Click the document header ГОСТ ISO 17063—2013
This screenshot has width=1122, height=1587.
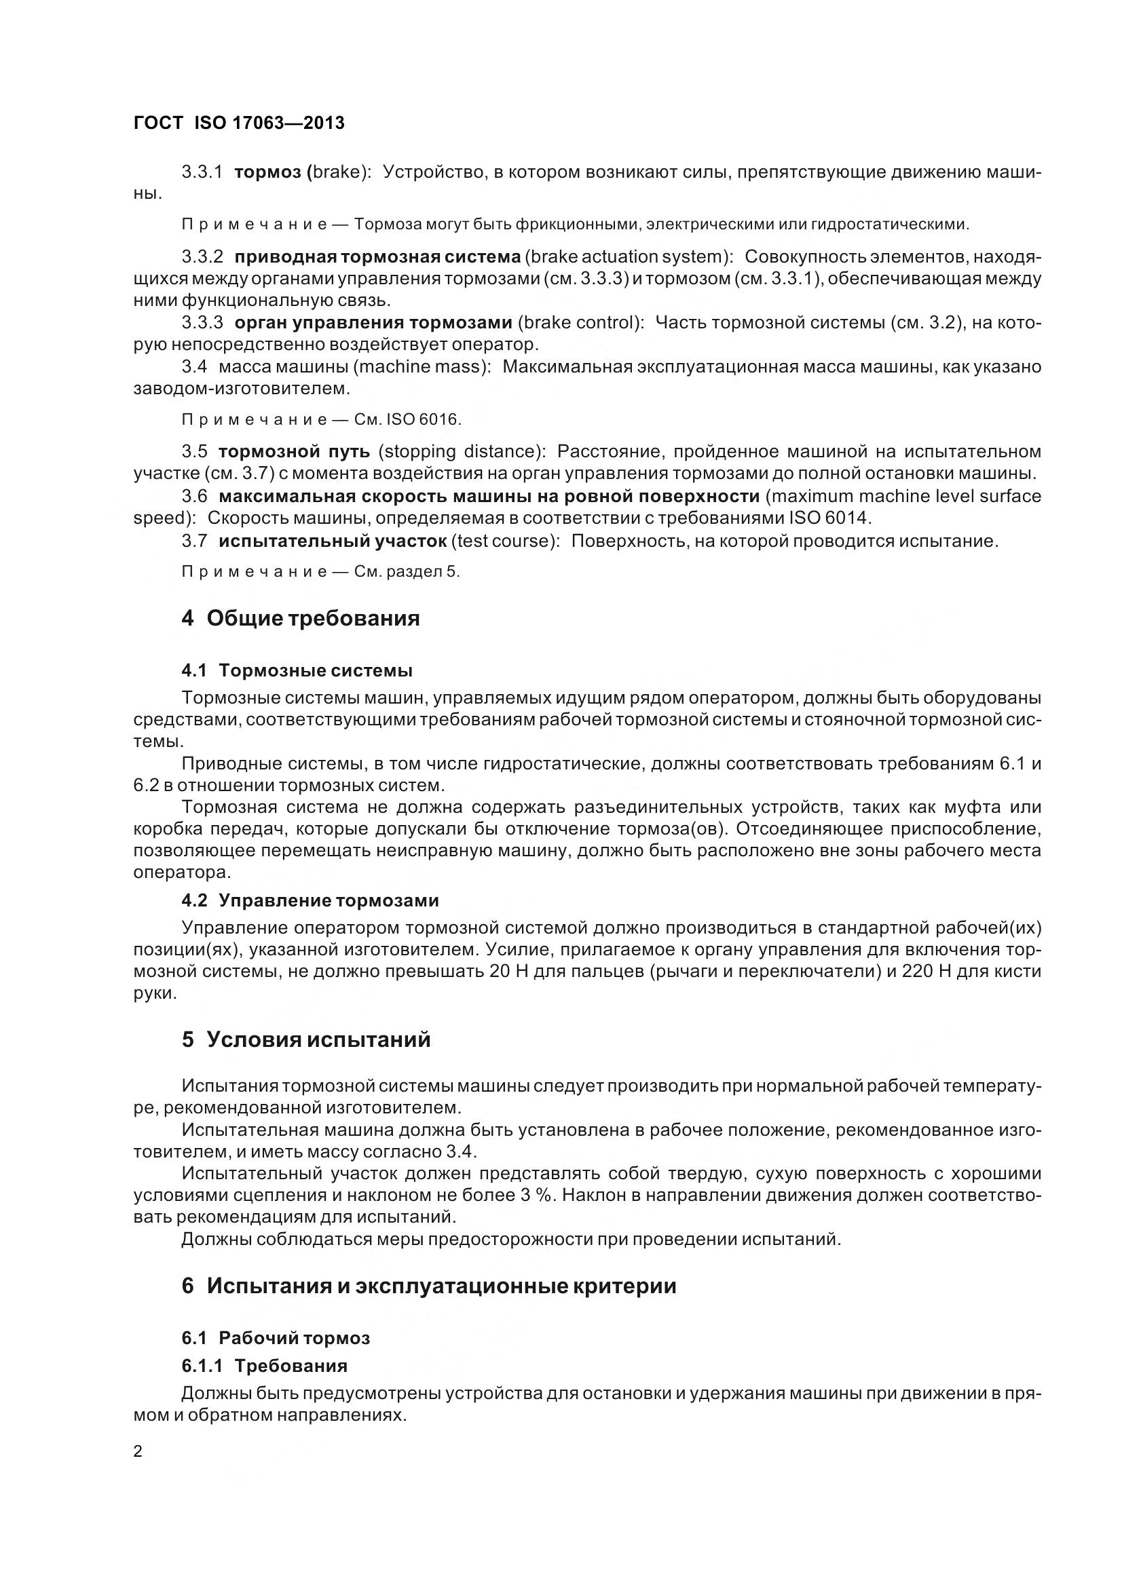click(x=238, y=123)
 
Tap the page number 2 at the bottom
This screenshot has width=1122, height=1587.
click(x=138, y=1451)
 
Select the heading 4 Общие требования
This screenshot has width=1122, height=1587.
click(x=301, y=618)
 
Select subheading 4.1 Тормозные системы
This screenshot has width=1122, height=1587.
click(x=297, y=670)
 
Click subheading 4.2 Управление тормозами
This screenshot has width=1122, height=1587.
click(x=310, y=900)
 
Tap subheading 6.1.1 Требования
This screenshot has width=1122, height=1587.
click(x=264, y=1366)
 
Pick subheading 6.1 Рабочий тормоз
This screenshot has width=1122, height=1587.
click(x=276, y=1337)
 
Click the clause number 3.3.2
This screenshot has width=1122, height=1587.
click(x=202, y=257)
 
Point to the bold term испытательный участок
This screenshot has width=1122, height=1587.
click(x=333, y=541)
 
